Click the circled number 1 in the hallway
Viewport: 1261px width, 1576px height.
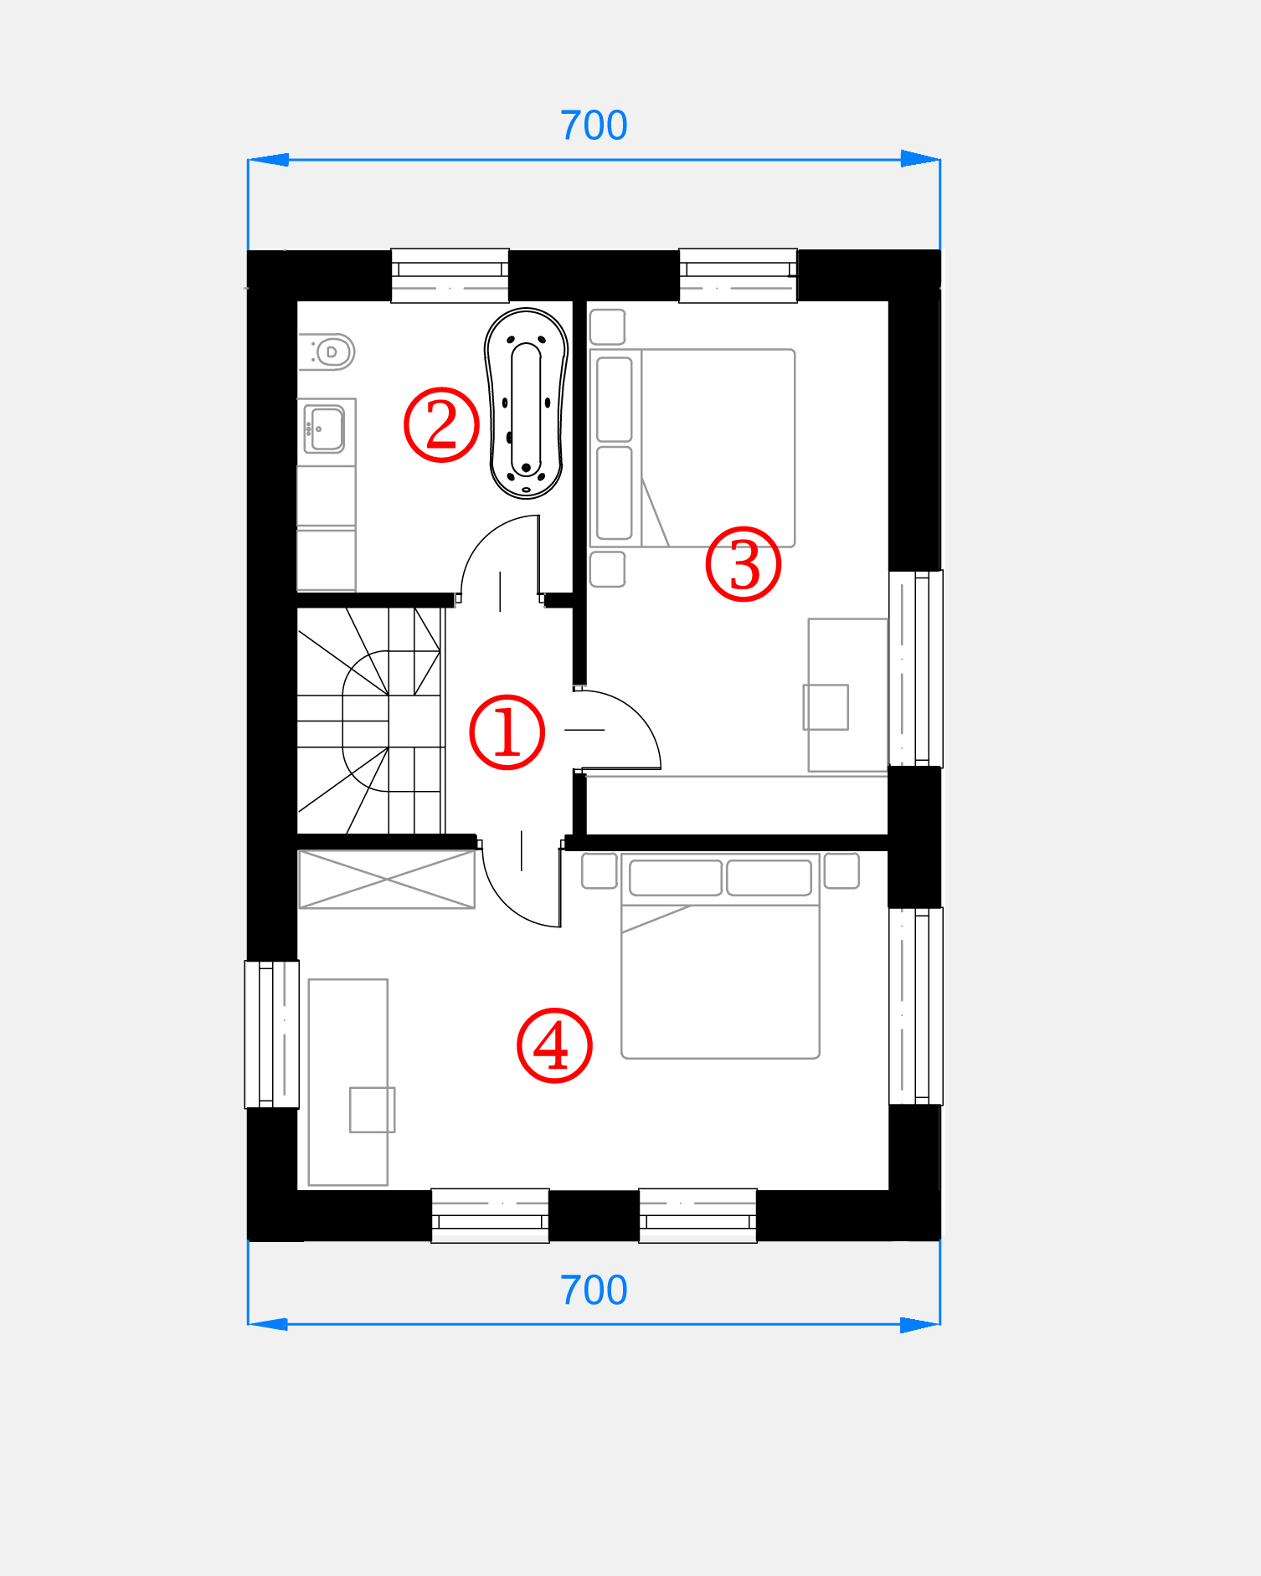(507, 732)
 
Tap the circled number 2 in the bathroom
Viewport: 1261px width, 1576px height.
(441, 424)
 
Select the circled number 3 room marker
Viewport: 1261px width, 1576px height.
(744, 564)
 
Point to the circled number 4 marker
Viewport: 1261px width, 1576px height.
(554, 1045)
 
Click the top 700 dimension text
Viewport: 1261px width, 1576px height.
(594, 126)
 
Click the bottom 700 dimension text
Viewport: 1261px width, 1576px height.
(594, 1290)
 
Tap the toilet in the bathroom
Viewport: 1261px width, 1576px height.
(327, 352)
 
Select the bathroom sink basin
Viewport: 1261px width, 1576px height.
(325, 429)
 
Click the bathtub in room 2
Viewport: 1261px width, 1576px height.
(526, 403)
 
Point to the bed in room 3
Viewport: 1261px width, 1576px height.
(692, 448)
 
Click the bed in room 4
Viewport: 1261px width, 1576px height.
(720, 956)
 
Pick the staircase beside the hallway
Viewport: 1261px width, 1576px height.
(371, 721)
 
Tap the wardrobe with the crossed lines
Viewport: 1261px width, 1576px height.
(387, 879)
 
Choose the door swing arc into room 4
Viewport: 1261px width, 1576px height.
(502, 906)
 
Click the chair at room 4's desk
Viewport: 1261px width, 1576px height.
(372, 1110)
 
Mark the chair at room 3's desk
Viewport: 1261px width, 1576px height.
(826, 707)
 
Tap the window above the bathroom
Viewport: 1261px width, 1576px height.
(450, 275)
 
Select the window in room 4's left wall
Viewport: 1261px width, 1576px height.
(272, 1034)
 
